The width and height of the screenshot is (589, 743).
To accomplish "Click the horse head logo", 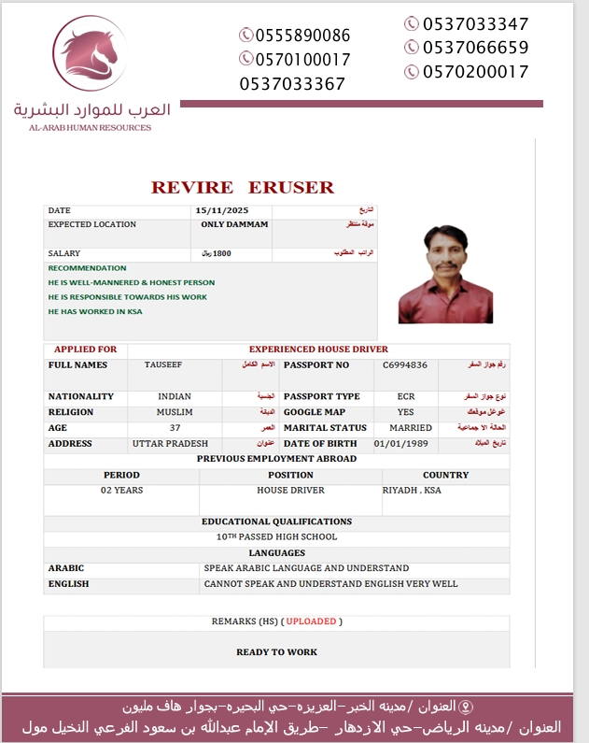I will pyautogui.click(x=90, y=54).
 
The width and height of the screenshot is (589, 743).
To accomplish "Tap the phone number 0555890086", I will pyautogui.click(x=295, y=36).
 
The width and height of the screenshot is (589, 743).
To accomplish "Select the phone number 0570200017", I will pyautogui.click(x=475, y=72).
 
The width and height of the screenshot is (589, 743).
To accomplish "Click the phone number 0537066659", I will pyautogui.click(x=475, y=48).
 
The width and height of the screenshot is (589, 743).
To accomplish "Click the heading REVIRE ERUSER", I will pyautogui.click(x=242, y=187).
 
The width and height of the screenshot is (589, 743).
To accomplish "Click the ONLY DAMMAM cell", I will pyautogui.click(x=234, y=225).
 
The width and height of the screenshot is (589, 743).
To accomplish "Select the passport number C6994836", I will pyautogui.click(x=405, y=365).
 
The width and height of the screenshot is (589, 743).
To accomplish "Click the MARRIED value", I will pyautogui.click(x=411, y=428).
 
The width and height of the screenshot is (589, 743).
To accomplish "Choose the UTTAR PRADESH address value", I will pyautogui.click(x=170, y=444).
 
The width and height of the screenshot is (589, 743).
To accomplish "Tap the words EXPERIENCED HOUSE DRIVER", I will pyautogui.click(x=318, y=350).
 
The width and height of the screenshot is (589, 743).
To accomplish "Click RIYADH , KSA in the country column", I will pyautogui.click(x=412, y=490).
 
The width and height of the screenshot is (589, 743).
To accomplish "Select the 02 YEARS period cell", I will pyautogui.click(x=121, y=490).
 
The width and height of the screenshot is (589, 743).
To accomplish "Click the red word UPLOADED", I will pyautogui.click(x=313, y=622).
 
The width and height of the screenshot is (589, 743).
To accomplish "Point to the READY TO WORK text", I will pyautogui.click(x=276, y=652).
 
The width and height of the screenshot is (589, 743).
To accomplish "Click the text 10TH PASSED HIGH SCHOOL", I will pyautogui.click(x=276, y=537).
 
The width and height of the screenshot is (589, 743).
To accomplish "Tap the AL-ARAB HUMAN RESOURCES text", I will pyautogui.click(x=90, y=127).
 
